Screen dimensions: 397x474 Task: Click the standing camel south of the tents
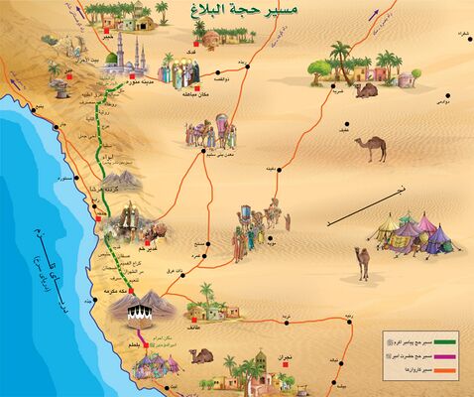[x=362, y=262]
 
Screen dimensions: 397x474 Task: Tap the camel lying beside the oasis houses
[x=366, y=90]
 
